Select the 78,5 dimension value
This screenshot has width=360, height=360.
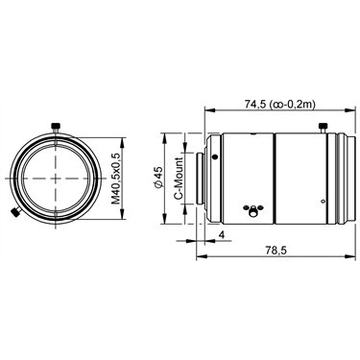pos(276,251)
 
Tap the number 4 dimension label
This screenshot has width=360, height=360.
pos(222,235)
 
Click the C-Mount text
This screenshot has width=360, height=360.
pos(179,178)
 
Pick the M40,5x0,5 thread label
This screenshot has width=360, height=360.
pos(115,179)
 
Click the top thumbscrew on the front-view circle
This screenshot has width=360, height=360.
pos(56,128)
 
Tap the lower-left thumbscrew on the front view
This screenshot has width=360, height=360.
pos(15,212)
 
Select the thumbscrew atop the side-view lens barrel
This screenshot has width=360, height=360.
pos(323,128)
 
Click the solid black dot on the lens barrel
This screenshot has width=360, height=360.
pos(215,156)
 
